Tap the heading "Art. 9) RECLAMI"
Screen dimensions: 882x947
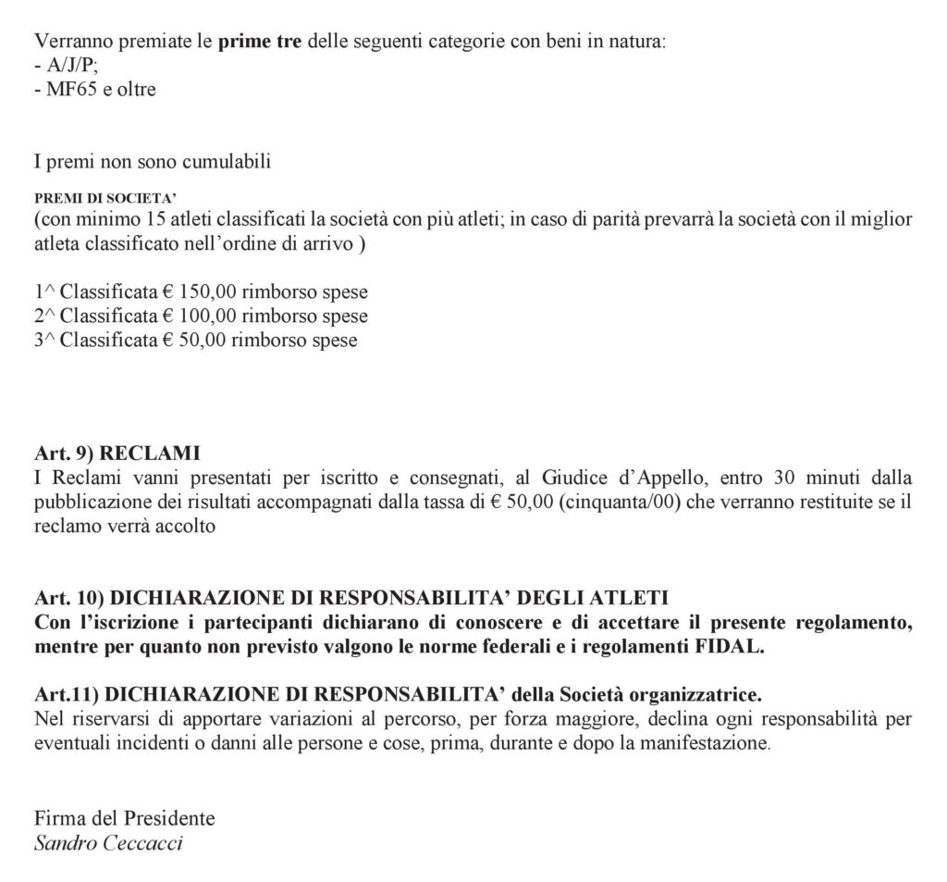tap(117, 455)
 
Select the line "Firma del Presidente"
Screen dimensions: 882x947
tap(124, 818)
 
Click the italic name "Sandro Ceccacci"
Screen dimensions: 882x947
tap(107, 843)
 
